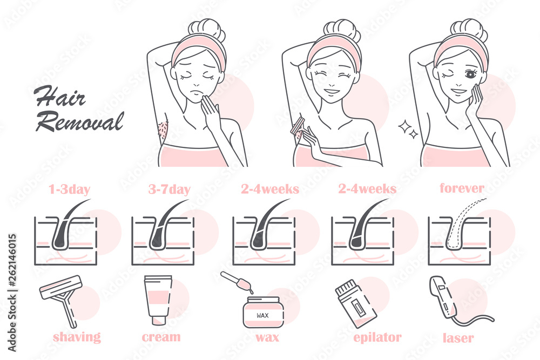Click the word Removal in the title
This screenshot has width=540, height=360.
(79, 121)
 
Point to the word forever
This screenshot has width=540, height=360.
(462, 189)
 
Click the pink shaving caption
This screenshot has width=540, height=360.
(77, 337)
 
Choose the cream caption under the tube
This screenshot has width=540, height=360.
(161, 337)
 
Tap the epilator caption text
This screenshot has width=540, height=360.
(377, 338)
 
